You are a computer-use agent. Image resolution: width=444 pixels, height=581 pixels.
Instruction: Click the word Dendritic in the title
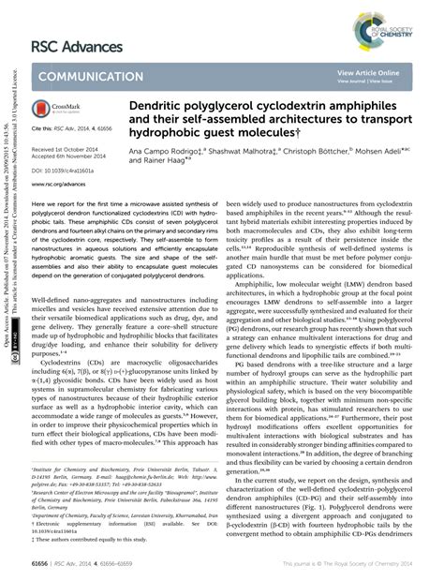[173, 109]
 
